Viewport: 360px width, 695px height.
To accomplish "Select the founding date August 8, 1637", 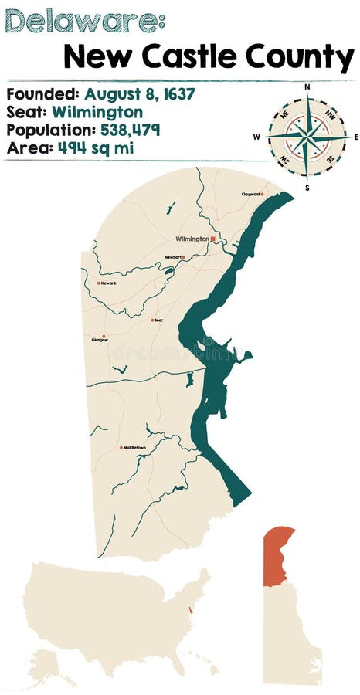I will tap(140, 94).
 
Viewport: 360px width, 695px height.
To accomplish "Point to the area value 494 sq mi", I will tap(95, 147).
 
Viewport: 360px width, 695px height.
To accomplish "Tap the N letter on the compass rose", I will tap(307, 87).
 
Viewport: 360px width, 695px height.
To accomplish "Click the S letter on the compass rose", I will tap(307, 186).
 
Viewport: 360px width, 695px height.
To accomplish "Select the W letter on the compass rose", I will tap(257, 137).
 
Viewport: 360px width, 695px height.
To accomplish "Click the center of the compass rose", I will tap(307, 137).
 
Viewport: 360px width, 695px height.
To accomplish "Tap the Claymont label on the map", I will tap(250, 195).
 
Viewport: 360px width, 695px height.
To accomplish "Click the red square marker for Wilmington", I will tap(212, 239).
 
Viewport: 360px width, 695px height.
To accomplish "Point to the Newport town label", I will tap(172, 257).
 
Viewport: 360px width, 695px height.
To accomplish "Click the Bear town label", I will tap(158, 320).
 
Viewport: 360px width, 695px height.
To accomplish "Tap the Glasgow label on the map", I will tap(100, 339).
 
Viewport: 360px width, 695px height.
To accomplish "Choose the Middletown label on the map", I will tap(134, 448).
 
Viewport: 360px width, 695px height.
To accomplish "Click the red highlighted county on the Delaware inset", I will tap(277, 554).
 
